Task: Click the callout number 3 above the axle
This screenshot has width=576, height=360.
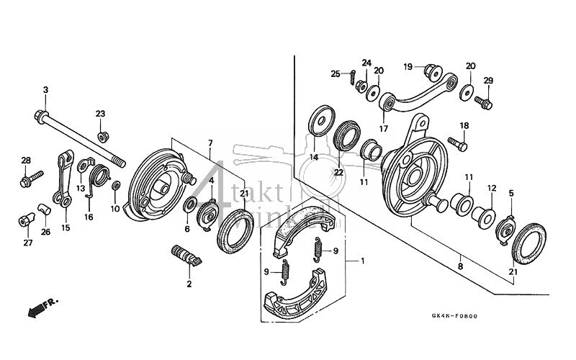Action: pos(45,89)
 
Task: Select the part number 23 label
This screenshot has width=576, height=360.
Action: pos(100,114)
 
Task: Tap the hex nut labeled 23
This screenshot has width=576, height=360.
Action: pos(102,135)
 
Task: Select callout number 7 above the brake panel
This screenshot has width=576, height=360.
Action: pos(210,143)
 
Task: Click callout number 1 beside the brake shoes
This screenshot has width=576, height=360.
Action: pos(362,260)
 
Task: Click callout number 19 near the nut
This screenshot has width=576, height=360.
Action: pos(407,67)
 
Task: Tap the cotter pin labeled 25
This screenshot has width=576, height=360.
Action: pos(352,78)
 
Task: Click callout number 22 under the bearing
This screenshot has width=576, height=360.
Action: pos(338,173)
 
